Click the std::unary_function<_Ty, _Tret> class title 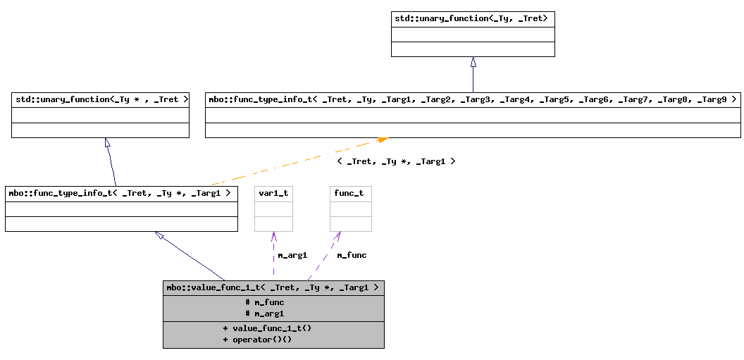(473, 18)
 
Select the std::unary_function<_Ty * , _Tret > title (101, 99)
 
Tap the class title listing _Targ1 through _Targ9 (473, 99)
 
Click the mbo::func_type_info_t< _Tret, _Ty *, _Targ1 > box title (121, 193)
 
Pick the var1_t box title (273, 193)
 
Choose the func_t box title (350, 193)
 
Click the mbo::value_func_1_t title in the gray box (273, 287)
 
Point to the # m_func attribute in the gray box (265, 302)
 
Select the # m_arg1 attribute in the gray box (265, 314)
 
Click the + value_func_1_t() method (267, 328)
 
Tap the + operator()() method (257, 340)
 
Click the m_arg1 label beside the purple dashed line (292, 255)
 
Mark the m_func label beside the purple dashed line (351, 255)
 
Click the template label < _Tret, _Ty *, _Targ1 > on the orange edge (396, 161)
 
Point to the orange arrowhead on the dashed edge (383, 140)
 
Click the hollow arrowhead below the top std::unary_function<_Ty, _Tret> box (473, 62)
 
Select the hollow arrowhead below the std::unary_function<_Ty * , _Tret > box (107, 143)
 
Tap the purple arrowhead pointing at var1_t (273, 237)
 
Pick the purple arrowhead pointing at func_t (337, 237)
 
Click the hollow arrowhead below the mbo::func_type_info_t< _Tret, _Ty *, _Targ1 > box (160, 236)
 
